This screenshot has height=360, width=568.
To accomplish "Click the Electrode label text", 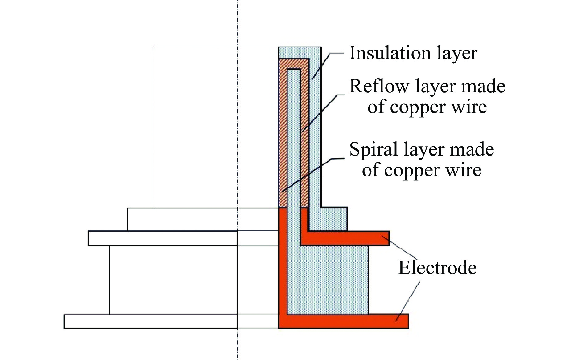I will (437, 267).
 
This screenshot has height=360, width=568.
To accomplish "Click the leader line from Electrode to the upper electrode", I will (401, 248).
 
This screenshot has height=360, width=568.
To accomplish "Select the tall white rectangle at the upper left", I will (194, 126).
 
